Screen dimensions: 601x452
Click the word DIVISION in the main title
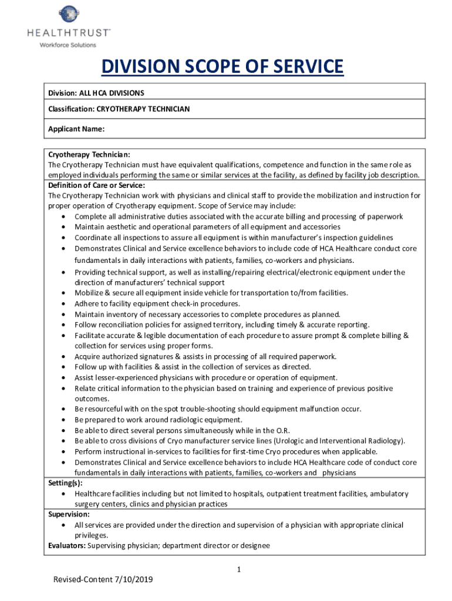point(140,67)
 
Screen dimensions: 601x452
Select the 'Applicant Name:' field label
point(76,129)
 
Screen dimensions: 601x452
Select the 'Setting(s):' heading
point(65,483)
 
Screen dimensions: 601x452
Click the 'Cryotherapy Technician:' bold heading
point(89,154)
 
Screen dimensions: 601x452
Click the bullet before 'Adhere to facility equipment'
point(63,304)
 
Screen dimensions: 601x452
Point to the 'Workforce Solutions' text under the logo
point(68,45)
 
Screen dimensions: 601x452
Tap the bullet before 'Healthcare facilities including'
point(63,494)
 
